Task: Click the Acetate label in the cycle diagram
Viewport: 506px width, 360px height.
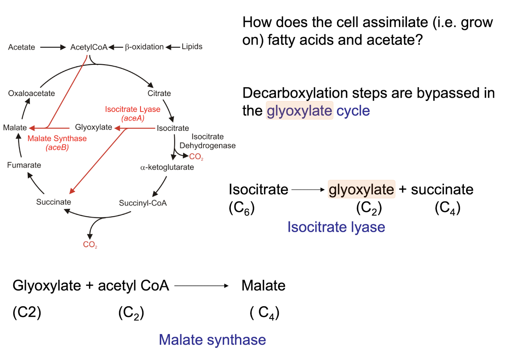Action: tap(21, 47)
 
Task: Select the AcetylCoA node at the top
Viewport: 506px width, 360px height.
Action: tap(89, 47)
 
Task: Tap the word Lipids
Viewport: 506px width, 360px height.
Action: tap(192, 47)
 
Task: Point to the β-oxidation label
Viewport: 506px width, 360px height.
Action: tap(144, 47)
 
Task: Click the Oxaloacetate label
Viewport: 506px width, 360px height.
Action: tap(31, 93)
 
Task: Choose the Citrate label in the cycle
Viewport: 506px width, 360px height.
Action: tap(159, 93)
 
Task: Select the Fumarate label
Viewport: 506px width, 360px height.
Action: tap(24, 165)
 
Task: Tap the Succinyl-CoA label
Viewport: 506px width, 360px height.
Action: tap(143, 203)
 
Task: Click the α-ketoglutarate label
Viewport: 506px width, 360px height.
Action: tap(167, 167)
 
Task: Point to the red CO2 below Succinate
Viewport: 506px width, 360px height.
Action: tap(90, 244)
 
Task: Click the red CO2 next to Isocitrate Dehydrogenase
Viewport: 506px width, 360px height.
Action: tap(196, 156)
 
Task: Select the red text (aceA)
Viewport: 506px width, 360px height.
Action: tap(133, 118)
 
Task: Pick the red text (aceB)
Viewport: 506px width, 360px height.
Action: tap(57, 147)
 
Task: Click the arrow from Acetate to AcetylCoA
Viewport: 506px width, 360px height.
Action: tap(53, 47)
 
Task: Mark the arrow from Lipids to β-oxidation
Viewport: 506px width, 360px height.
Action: tap(173, 47)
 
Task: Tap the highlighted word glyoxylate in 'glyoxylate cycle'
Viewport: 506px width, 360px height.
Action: tap(300, 111)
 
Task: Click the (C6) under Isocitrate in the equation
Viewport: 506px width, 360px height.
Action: tap(242, 208)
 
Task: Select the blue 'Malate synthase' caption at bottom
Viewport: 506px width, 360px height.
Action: tap(212, 340)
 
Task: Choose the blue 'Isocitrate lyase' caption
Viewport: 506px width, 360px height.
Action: tap(336, 227)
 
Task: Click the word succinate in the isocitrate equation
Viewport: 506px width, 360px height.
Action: tap(442, 189)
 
